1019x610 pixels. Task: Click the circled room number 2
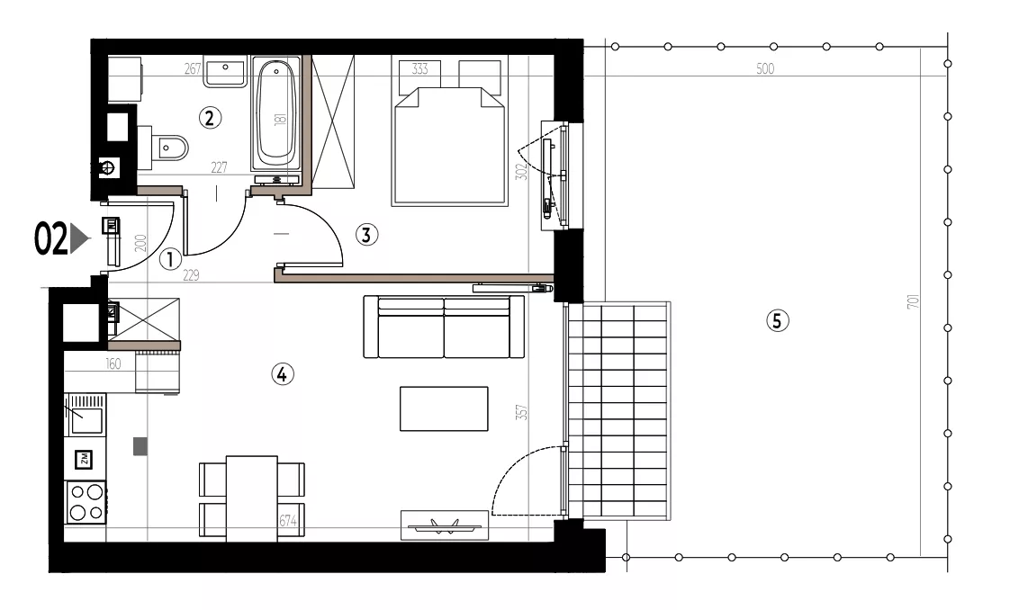[209, 118]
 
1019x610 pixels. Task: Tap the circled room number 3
[366, 235]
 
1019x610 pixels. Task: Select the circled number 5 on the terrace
[777, 320]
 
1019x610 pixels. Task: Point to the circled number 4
[282, 374]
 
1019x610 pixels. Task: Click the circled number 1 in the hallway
[170, 260]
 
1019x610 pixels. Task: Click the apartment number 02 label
[50, 239]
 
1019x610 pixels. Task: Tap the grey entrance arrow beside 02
[78, 238]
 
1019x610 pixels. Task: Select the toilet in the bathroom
[165, 148]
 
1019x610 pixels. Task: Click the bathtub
[276, 116]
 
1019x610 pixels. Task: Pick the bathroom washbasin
[225, 71]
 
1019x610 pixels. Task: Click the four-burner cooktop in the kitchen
[86, 501]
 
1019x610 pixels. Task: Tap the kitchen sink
[86, 414]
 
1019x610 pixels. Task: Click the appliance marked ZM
[84, 460]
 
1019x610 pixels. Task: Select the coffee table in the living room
[444, 408]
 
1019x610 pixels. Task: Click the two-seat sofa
[444, 326]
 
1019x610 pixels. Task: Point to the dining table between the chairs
[252, 498]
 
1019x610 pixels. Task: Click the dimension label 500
[765, 69]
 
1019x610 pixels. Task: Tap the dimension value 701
[913, 301]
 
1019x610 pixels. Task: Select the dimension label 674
[288, 521]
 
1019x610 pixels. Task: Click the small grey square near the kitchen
[140, 446]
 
